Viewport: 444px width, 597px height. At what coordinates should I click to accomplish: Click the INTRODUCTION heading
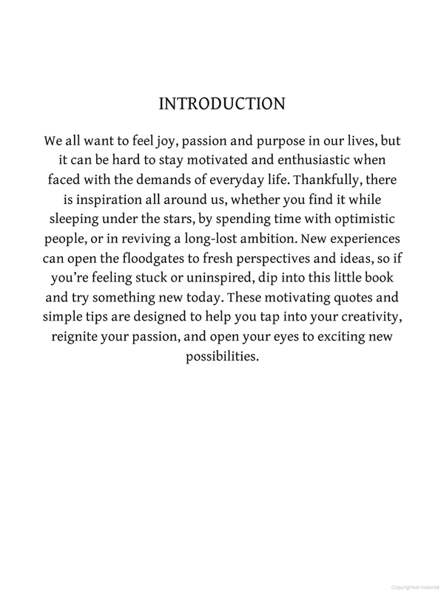(x=221, y=103)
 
